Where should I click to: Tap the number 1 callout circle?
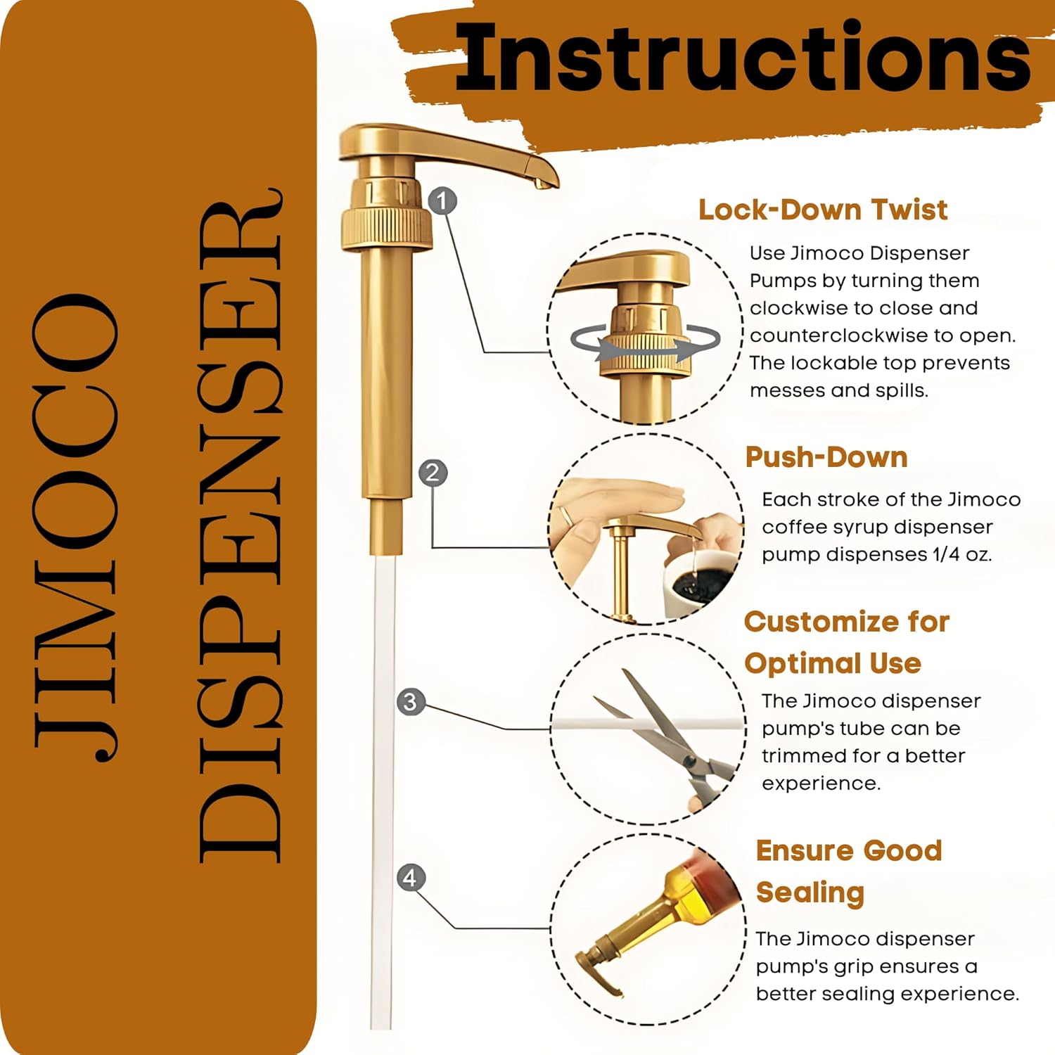pyautogui.click(x=442, y=201)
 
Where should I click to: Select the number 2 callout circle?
pyautogui.click(x=433, y=472)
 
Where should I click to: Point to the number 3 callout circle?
pyautogui.click(x=411, y=702)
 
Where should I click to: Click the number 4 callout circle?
pyautogui.click(x=411, y=877)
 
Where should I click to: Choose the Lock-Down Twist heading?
pyautogui.click(x=822, y=210)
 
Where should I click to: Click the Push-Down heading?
pyautogui.click(x=826, y=457)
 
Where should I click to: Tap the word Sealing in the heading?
pyautogui.click(x=810, y=892)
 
